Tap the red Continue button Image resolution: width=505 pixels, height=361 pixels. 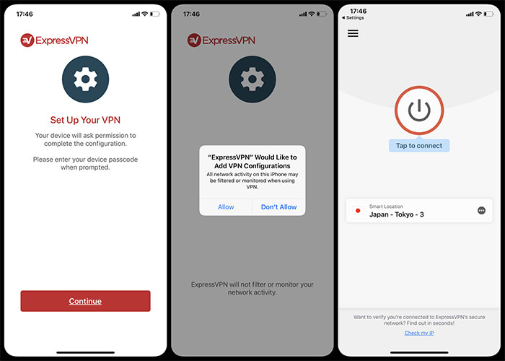coord(85,301)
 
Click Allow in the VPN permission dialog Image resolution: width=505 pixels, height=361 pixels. coord(226,207)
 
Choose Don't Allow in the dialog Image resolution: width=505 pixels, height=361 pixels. coord(279,207)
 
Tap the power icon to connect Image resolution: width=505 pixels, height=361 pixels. coord(419,110)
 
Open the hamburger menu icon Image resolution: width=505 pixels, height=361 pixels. coord(353,33)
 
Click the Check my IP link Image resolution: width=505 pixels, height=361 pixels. coord(419,333)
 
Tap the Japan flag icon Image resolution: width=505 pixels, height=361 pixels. coord(358,211)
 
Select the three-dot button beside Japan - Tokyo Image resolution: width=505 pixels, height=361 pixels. coord(481,211)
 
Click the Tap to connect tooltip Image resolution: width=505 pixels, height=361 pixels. coord(419,146)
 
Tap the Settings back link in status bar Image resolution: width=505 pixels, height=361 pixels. coord(353,18)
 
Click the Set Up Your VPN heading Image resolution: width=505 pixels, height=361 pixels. coord(85,120)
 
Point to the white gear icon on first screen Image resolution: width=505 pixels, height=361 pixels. coord(85,79)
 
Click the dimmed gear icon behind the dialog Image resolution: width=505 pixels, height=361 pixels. coord(252,79)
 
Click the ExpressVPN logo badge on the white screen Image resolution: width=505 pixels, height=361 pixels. coord(27,40)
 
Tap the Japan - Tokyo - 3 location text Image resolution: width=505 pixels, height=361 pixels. coord(397,214)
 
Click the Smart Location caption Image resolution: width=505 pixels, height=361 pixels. coord(386,206)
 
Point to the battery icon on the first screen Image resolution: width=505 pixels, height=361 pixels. coord(155,14)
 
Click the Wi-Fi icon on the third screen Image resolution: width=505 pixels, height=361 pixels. coord(478,14)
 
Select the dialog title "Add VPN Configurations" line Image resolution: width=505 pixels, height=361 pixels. coord(252,166)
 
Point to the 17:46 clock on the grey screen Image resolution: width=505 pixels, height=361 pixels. coord(191,14)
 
